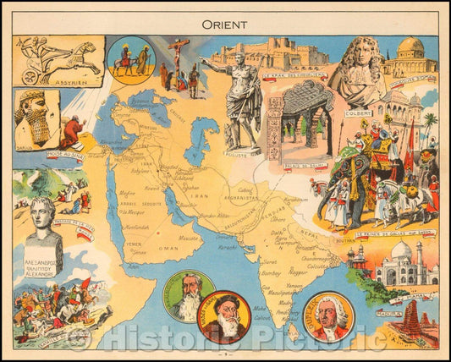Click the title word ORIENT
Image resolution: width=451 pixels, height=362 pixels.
225,25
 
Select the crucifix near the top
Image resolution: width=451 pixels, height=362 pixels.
180,52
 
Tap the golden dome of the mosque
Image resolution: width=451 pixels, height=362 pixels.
410,47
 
